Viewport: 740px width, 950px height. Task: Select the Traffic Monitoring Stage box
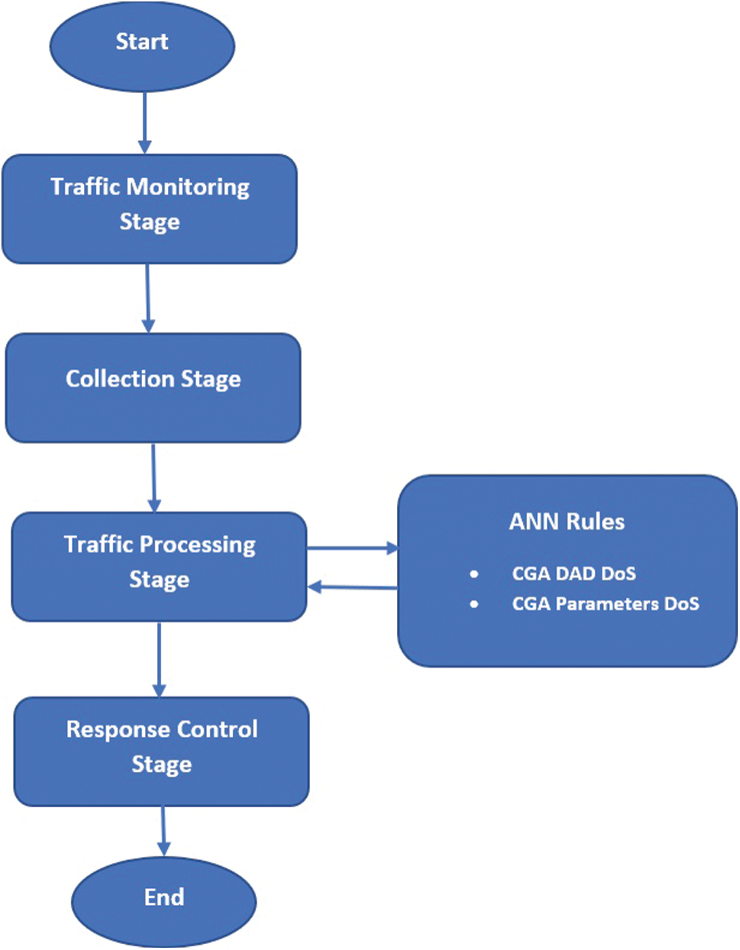click(x=149, y=208)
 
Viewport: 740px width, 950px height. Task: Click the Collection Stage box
click(x=153, y=388)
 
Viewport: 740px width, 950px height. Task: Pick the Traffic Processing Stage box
click(x=159, y=566)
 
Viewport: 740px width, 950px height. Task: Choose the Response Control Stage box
click(x=161, y=751)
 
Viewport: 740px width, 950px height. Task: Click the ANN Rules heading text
click(x=566, y=522)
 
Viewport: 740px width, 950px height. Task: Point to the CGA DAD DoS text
click(x=574, y=574)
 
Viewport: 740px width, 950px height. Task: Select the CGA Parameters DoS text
click(x=605, y=604)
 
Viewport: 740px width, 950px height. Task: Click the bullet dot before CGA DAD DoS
click(x=474, y=574)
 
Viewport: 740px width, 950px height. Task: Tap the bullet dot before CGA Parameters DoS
click(x=474, y=604)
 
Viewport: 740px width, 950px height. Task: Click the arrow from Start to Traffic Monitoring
click(x=144, y=122)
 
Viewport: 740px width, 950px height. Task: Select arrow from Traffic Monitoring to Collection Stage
click(x=148, y=298)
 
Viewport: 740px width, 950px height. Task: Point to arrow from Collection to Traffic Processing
click(x=153, y=477)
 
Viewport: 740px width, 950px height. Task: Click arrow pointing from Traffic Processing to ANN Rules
click(x=352, y=549)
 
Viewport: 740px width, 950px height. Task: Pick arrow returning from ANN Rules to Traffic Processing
click(x=352, y=587)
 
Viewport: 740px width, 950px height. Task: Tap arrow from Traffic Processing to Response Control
click(x=158, y=658)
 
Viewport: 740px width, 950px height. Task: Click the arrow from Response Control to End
click(x=163, y=831)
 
